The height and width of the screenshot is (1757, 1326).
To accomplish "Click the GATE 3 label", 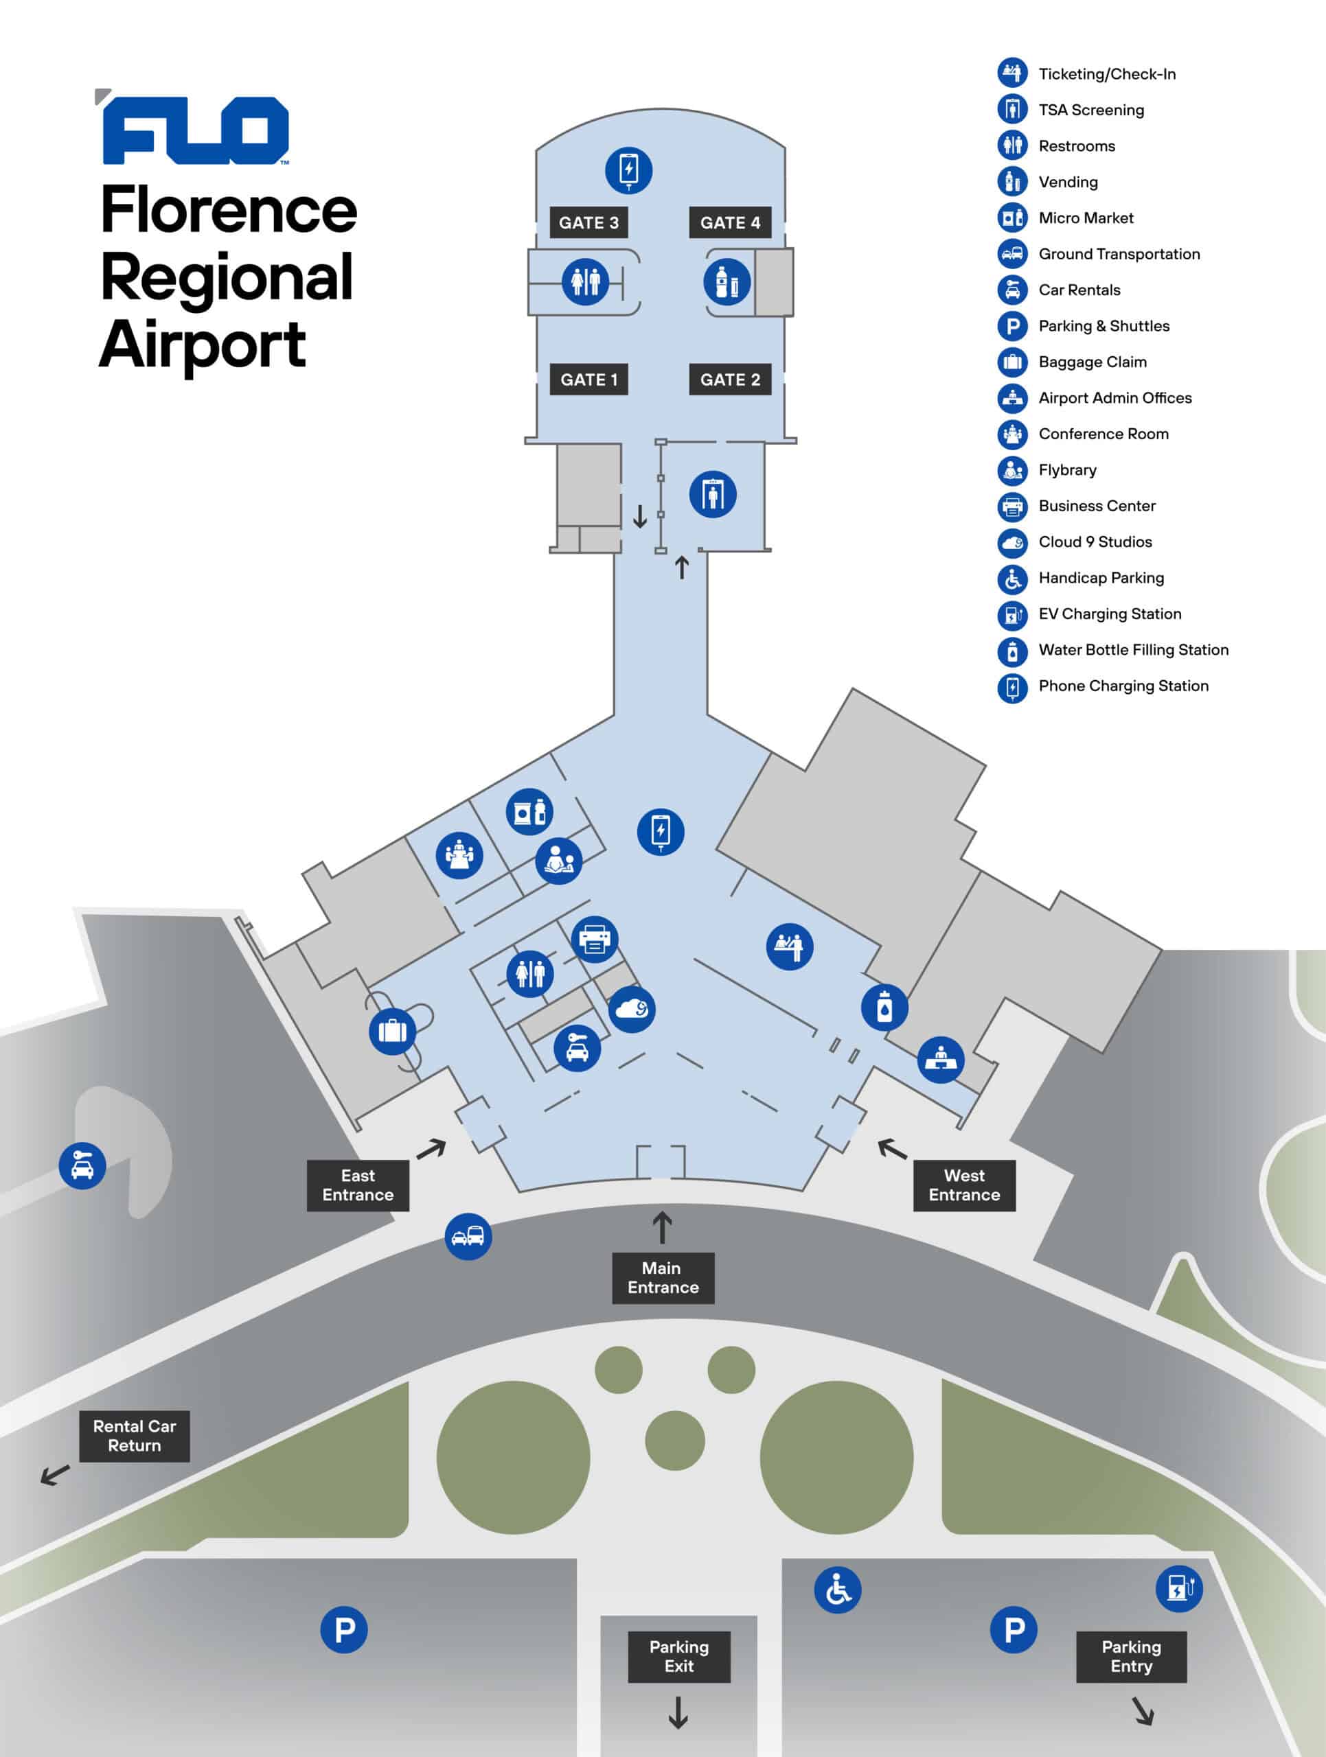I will pyautogui.click(x=588, y=222).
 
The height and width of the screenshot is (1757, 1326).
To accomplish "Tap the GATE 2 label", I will pyautogui.click(x=729, y=380).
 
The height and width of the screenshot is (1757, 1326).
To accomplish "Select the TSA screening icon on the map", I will pyautogui.click(x=712, y=494).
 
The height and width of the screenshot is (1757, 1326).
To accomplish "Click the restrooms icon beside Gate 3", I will pyautogui.click(x=585, y=281).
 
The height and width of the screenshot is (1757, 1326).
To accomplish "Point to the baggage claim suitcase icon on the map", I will pyautogui.click(x=393, y=1031).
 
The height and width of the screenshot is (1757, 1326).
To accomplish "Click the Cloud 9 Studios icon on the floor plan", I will pyautogui.click(x=632, y=1009).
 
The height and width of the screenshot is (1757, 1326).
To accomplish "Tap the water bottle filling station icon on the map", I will pyautogui.click(x=884, y=1007).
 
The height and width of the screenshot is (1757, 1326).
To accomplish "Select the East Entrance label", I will pyautogui.click(x=358, y=1185).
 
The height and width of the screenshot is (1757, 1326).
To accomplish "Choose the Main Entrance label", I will pyautogui.click(x=663, y=1277).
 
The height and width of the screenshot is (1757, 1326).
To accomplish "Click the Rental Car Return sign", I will pyautogui.click(x=135, y=1435).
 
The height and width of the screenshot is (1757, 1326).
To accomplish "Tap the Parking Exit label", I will pyautogui.click(x=678, y=1656).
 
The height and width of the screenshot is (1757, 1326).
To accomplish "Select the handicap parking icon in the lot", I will pyautogui.click(x=837, y=1590).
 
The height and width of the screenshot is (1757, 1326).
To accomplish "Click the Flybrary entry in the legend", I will pyautogui.click(x=1066, y=470).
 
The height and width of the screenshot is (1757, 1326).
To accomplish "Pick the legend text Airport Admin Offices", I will pyautogui.click(x=1114, y=398).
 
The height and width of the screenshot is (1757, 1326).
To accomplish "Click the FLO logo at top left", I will pyautogui.click(x=194, y=131).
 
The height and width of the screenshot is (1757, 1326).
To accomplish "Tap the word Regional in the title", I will pyautogui.click(x=227, y=278).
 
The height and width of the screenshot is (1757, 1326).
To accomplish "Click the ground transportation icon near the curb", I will pyautogui.click(x=468, y=1236).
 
